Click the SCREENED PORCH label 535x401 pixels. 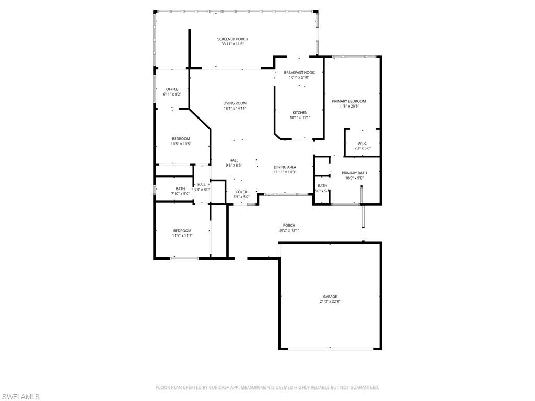[232, 39]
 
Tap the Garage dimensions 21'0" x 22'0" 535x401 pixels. [330, 301]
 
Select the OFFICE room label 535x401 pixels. [172, 89]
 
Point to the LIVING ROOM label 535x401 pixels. [235, 103]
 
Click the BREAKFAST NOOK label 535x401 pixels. [299, 73]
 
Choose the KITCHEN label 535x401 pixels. [300, 113]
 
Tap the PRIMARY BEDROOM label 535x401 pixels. [349, 101]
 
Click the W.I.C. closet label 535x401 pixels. [363, 143]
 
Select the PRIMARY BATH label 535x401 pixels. [354, 173]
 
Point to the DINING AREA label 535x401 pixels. [285, 167]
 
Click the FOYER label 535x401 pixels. [241, 192]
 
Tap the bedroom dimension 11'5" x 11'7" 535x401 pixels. [182, 235]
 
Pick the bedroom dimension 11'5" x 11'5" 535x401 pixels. [181, 144]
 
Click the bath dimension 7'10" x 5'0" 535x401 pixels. [180, 194]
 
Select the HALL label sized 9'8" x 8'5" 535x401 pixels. [234, 160]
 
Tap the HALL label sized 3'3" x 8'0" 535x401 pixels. [202, 185]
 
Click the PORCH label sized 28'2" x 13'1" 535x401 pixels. [289, 226]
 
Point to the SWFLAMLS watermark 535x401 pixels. [20, 397]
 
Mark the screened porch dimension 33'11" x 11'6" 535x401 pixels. [232, 44]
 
